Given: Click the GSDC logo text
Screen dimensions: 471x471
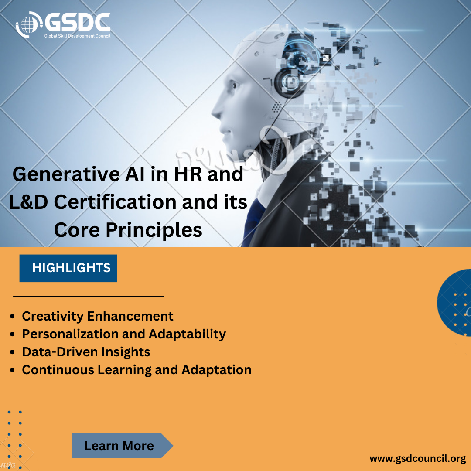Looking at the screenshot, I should coord(78,22).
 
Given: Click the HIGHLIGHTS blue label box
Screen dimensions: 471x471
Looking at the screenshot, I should coord(68,268).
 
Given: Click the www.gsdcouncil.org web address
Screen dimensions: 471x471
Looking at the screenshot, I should coord(418,459).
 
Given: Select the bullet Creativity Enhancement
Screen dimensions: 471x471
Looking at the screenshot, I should coord(98,316).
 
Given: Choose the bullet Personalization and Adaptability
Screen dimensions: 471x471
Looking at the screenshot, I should coord(124,334).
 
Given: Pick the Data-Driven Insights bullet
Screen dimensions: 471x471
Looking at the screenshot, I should coord(86,352).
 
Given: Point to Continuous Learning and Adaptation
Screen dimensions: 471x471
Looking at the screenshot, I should coord(137,370).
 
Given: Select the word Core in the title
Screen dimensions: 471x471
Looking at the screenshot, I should coord(72,230).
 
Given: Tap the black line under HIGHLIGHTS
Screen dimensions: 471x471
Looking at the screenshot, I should coord(89,297).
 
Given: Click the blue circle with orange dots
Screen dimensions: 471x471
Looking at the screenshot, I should coord(456,303).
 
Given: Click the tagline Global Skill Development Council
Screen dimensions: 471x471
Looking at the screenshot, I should coord(77,35).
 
